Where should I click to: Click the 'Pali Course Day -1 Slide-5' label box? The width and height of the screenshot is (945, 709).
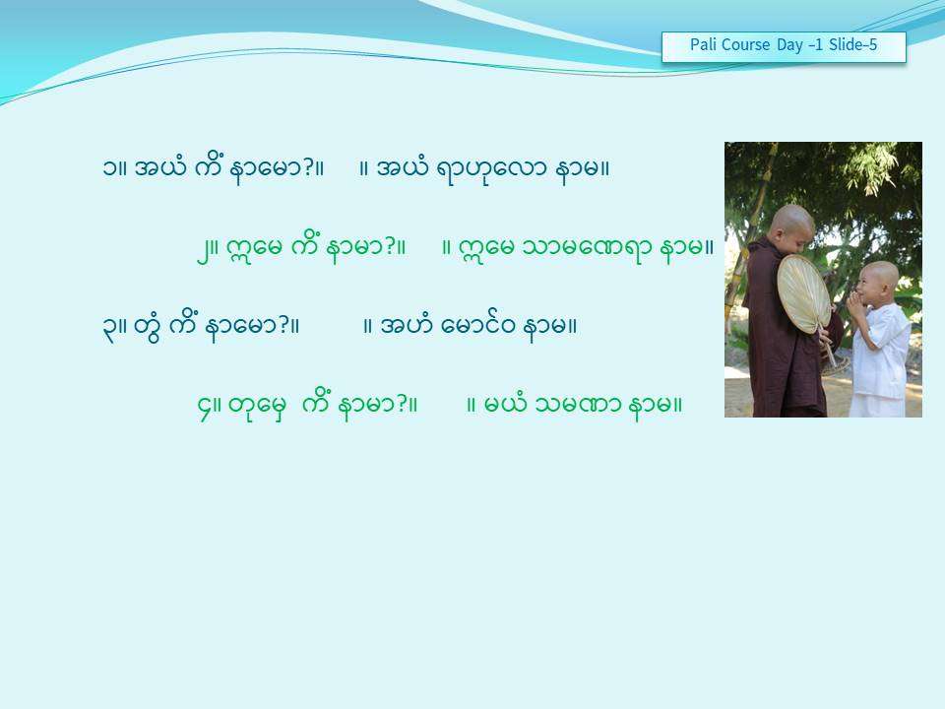tap(784, 46)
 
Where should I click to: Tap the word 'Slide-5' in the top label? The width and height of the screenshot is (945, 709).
tap(852, 44)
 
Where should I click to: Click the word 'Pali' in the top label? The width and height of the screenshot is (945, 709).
tap(703, 44)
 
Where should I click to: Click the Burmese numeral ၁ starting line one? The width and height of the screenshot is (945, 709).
tap(109, 168)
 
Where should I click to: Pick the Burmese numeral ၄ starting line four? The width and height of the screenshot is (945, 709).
tap(205, 407)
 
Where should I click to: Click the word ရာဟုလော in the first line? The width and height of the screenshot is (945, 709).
tap(492, 169)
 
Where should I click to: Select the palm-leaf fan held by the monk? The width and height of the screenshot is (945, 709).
tap(804, 294)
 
